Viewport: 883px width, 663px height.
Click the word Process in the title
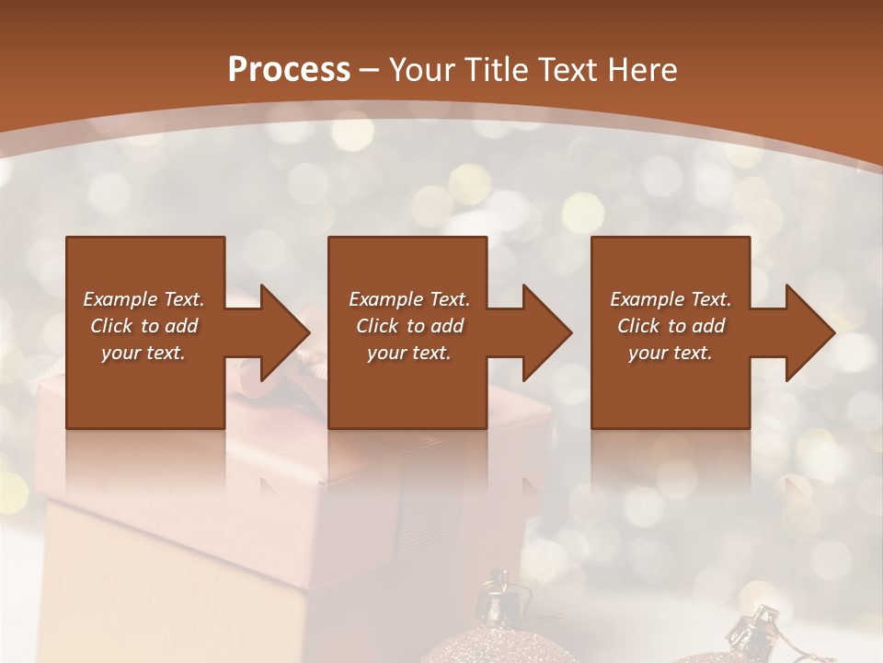(x=289, y=69)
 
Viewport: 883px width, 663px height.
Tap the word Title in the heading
(x=495, y=69)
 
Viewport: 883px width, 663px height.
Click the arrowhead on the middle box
(x=541, y=332)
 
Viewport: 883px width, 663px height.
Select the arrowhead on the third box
(x=804, y=332)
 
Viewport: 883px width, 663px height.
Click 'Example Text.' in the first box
(x=143, y=299)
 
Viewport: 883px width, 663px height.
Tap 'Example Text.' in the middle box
(x=409, y=299)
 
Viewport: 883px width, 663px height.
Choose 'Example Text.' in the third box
(x=671, y=299)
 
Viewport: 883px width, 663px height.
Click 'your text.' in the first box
(x=143, y=353)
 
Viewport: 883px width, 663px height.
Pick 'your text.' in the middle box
(x=409, y=353)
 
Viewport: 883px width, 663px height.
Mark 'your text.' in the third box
(x=671, y=353)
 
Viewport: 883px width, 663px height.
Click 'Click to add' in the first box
(x=143, y=326)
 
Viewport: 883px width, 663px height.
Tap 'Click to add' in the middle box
(x=409, y=326)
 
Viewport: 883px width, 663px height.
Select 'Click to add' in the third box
(x=671, y=326)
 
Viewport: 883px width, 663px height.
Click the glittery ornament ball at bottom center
(x=501, y=645)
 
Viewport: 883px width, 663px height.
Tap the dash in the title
(x=370, y=70)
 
